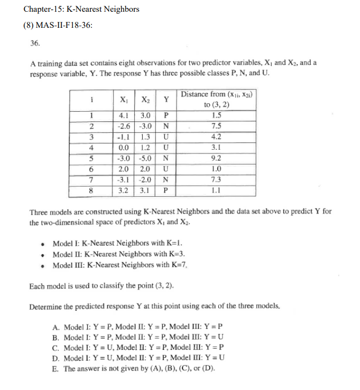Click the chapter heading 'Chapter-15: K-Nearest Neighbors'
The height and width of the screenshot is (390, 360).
click(81, 9)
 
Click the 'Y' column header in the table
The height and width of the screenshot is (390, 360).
click(166, 100)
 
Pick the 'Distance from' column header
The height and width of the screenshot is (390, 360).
click(217, 95)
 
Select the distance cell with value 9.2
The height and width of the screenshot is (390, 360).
click(217, 158)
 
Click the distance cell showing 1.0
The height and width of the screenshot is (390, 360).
click(217, 169)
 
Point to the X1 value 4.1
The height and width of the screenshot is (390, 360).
click(124, 115)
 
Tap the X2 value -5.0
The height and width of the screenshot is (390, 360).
click(145, 158)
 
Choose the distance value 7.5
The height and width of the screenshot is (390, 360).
click(217, 126)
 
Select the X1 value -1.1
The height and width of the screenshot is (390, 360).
click(124, 136)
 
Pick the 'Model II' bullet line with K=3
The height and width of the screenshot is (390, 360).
click(119, 254)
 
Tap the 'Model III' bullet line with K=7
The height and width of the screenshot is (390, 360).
click(120, 265)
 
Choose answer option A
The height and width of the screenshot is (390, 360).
click(137, 326)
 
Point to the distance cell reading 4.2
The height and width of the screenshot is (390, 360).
click(217, 136)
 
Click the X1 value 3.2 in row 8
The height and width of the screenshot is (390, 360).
click(124, 190)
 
